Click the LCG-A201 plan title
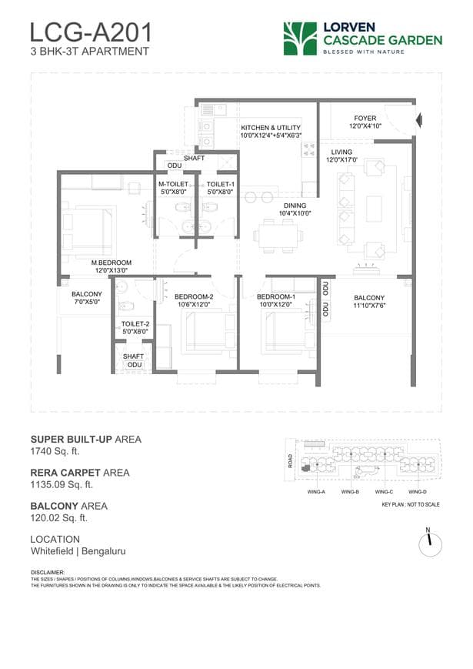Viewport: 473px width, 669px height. [x=91, y=32]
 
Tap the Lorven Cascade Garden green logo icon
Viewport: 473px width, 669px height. [x=299, y=38]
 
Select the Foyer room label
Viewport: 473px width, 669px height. [x=365, y=122]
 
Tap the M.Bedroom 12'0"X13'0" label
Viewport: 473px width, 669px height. [x=112, y=266]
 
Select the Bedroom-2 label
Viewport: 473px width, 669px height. [x=193, y=300]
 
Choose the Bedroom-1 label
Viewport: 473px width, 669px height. [x=275, y=300]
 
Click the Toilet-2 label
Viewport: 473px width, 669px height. [x=135, y=329]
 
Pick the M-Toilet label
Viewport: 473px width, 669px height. [x=174, y=189]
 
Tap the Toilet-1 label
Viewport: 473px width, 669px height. [x=221, y=189]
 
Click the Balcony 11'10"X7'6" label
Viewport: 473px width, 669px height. [x=369, y=302]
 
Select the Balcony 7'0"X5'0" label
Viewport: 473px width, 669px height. [x=87, y=299]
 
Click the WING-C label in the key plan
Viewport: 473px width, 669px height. [x=384, y=491]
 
